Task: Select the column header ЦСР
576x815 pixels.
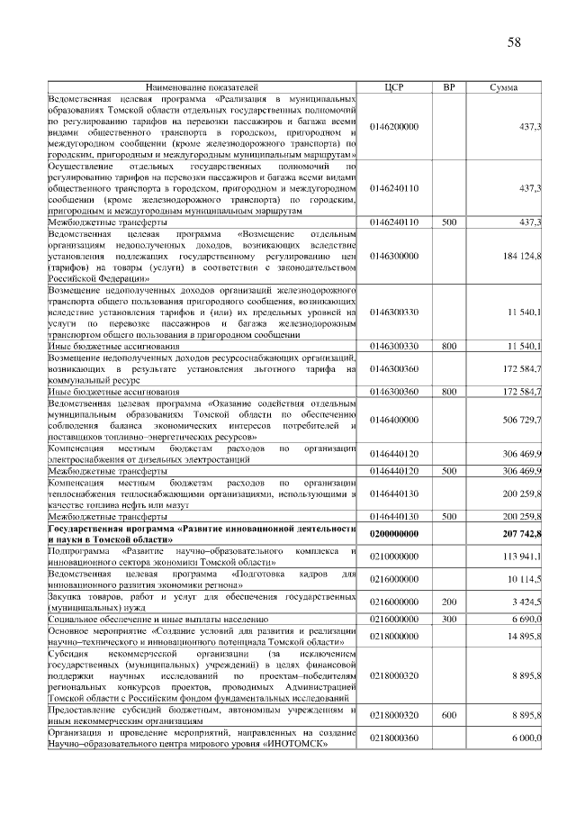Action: (393, 87)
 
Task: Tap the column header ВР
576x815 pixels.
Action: (449, 87)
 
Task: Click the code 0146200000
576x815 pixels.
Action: (393, 127)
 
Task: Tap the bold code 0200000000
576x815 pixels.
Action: (393, 534)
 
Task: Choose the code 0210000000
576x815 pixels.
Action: (393, 556)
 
